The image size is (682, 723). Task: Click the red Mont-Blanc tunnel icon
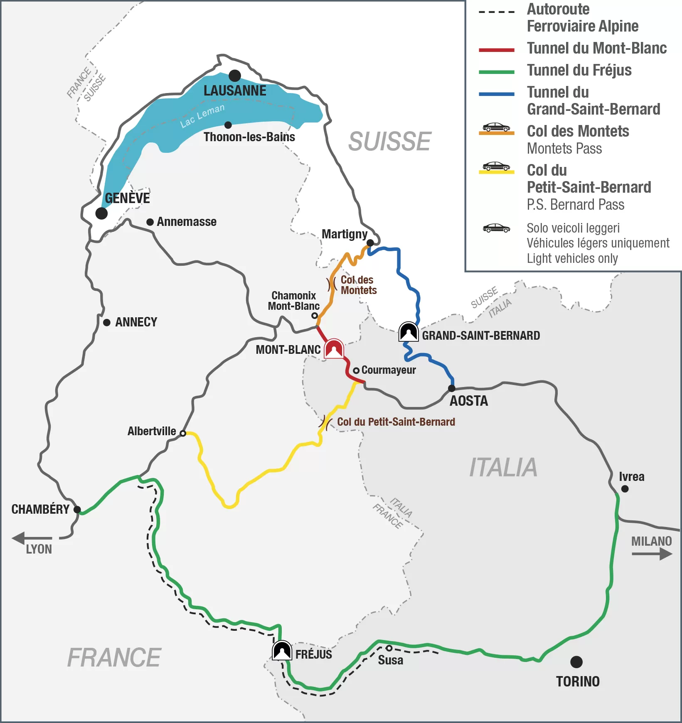(334, 349)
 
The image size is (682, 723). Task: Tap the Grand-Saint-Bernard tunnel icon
(409, 332)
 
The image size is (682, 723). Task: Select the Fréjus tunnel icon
(282, 651)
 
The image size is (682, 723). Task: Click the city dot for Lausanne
(235, 76)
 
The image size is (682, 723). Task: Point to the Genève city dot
(101, 213)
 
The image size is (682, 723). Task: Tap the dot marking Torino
(576, 662)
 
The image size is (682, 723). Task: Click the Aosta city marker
(452, 388)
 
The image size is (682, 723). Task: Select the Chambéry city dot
(77, 510)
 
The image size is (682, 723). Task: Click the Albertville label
(152, 431)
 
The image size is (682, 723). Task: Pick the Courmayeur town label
(389, 370)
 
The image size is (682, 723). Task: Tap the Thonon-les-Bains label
(249, 137)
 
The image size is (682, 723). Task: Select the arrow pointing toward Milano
(652, 554)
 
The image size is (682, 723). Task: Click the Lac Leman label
(202, 115)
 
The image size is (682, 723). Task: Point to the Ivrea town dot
(625, 489)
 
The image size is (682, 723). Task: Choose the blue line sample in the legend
(497, 94)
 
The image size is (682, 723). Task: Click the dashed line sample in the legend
(497, 12)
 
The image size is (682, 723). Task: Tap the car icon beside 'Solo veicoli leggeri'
(497, 228)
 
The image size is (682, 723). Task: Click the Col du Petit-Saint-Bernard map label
(396, 422)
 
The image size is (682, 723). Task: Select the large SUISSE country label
(389, 142)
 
